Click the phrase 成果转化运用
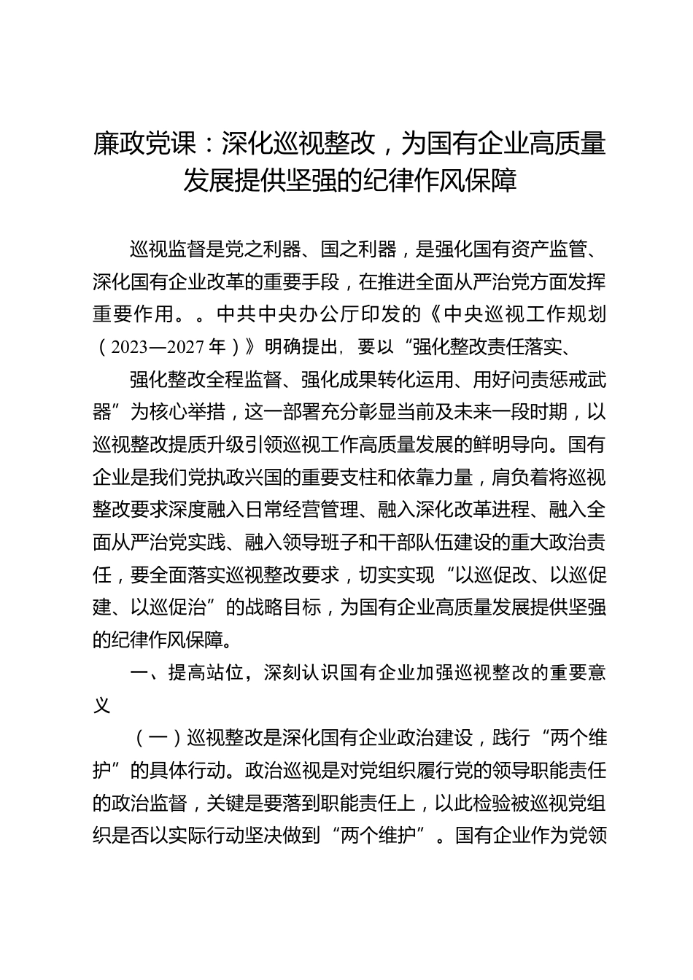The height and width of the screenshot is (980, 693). [395, 380]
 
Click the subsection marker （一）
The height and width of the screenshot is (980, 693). [159, 738]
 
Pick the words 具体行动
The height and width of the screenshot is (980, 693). [196, 770]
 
